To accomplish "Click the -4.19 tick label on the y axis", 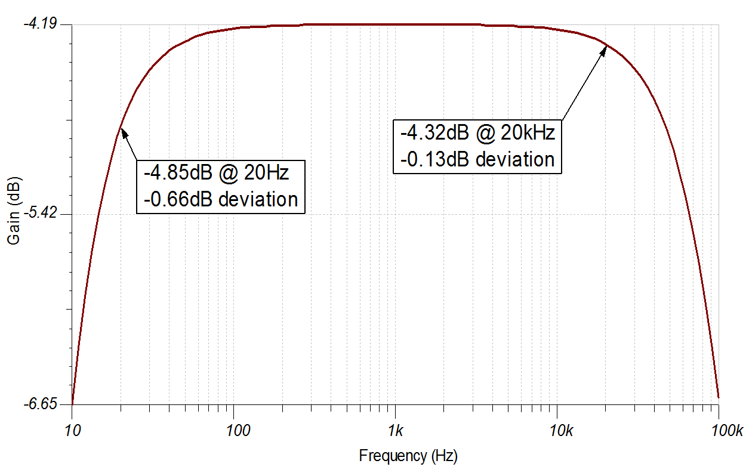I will pyautogui.click(x=39, y=24).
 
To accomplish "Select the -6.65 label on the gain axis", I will pyautogui.click(x=39, y=404).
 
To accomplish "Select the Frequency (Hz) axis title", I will pyautogui.click(x=408, y=456).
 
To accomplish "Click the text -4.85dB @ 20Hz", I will pyautogui.click(x=216, y=173).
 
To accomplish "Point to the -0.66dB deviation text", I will pyautogui.click(x=220, y=199).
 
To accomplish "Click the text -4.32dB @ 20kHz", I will pyautogui.click(x=477, y=132).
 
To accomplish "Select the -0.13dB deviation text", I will pyautogui.click(x=477, y=159).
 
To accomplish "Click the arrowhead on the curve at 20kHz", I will pyautogui.click(x=603, y=50).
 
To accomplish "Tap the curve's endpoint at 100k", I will pyautogui.click(x=719, y=397).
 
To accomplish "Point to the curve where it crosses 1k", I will pyautogui.click(x=395, y=24).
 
